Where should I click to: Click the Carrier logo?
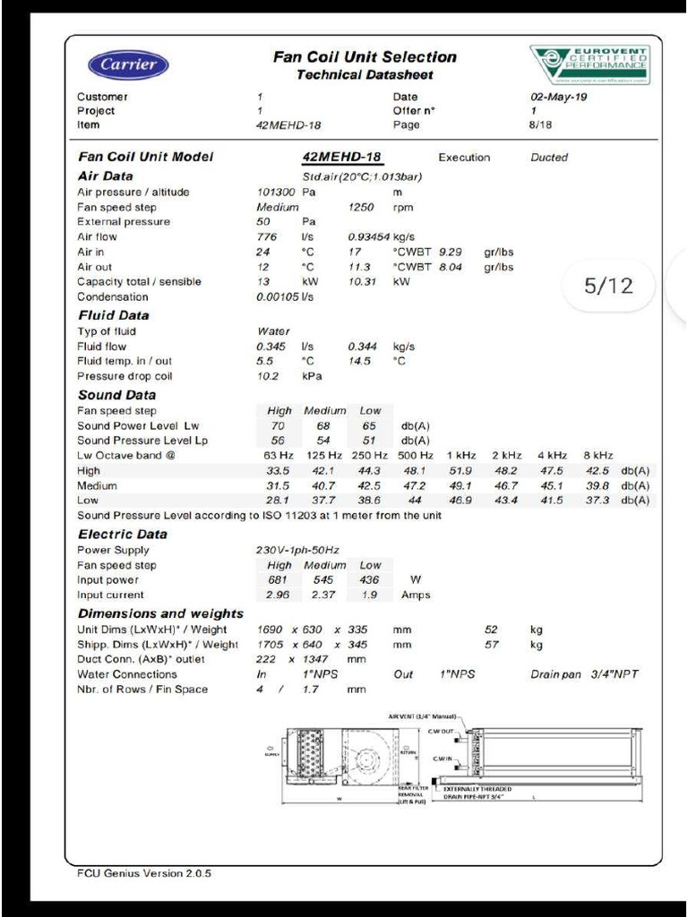127,64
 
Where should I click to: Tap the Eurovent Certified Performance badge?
589,64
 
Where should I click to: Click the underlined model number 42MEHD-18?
342,158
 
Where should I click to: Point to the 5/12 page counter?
608,286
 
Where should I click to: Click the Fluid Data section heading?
114,315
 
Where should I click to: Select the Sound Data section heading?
116,395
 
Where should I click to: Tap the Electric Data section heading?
123,535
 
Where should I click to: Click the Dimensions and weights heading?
160,613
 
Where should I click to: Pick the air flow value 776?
267,237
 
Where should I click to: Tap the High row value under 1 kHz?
460,471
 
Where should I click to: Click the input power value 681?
279,580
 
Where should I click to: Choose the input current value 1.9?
369,596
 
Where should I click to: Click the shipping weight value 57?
491,645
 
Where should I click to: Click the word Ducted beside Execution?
549,158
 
